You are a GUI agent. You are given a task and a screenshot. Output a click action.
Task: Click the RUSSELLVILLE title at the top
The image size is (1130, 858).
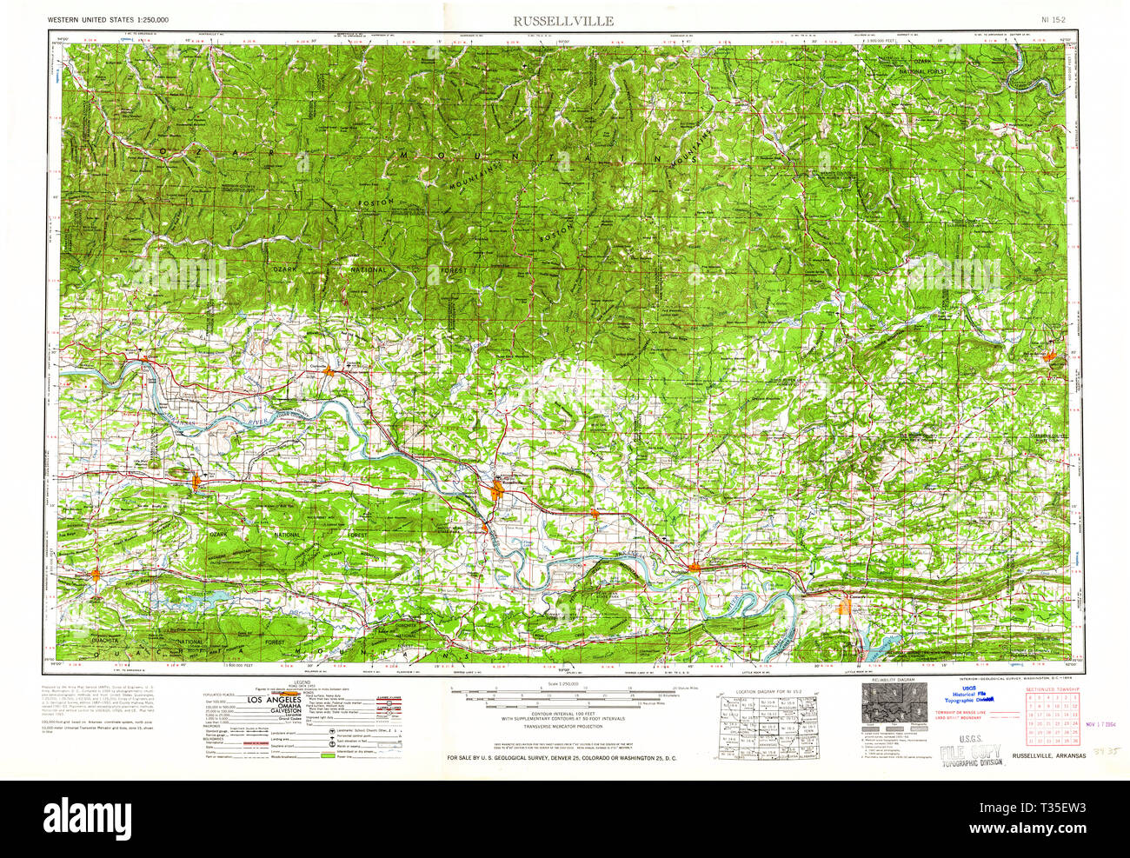click(562, 20)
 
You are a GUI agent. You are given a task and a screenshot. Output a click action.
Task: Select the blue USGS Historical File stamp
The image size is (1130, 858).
click(968, 694)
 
